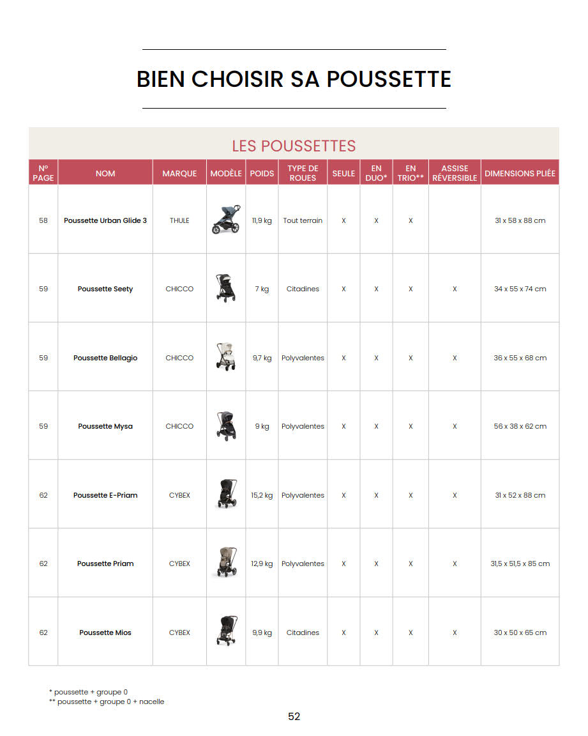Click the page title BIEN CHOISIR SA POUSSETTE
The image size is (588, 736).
(x=294, y=79)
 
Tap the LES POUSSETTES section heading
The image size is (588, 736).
(x=294, y=146)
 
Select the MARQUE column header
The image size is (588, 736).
(x=179, y=173)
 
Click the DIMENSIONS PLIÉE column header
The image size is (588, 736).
(x=520, y=173)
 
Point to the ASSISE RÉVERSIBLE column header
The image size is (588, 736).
(x=455, y=173)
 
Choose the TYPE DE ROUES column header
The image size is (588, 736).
(x=303, y=173)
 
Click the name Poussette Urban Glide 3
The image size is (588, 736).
(x=105, y=220)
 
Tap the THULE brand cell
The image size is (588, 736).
(x=179, y=220)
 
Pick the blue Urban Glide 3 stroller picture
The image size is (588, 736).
(x=226, y=219)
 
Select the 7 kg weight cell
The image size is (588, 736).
(x=262, y=289)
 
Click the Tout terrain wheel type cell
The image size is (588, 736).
(x=303, y=220)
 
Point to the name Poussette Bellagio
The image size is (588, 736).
(x=105, y=358)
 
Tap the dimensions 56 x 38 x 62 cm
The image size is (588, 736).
(x=520, y=426)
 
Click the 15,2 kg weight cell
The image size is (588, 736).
(x=262, y=495)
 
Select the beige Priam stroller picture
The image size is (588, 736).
(x=226, y=563)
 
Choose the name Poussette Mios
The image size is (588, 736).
(x=105, y=632)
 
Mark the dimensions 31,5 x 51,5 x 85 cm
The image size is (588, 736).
(x=520, y=563)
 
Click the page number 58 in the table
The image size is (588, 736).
(x=43, y=220)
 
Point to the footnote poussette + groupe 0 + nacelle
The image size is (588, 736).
(x=109, y=701)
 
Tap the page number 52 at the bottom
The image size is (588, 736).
(x=294, y=717)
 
